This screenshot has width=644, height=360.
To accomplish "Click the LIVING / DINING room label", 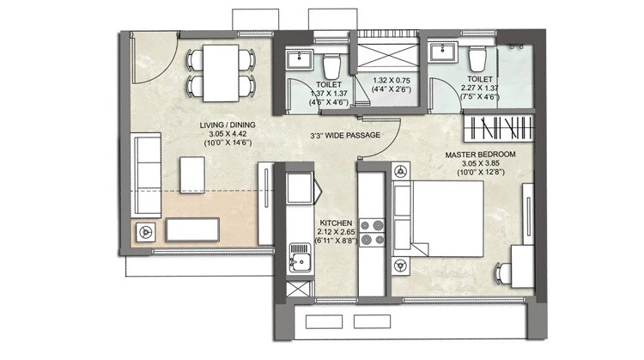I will point(222,126).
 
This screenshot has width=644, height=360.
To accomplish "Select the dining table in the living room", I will point(221,71).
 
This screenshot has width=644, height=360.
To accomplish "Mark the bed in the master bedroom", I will point(438,221).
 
